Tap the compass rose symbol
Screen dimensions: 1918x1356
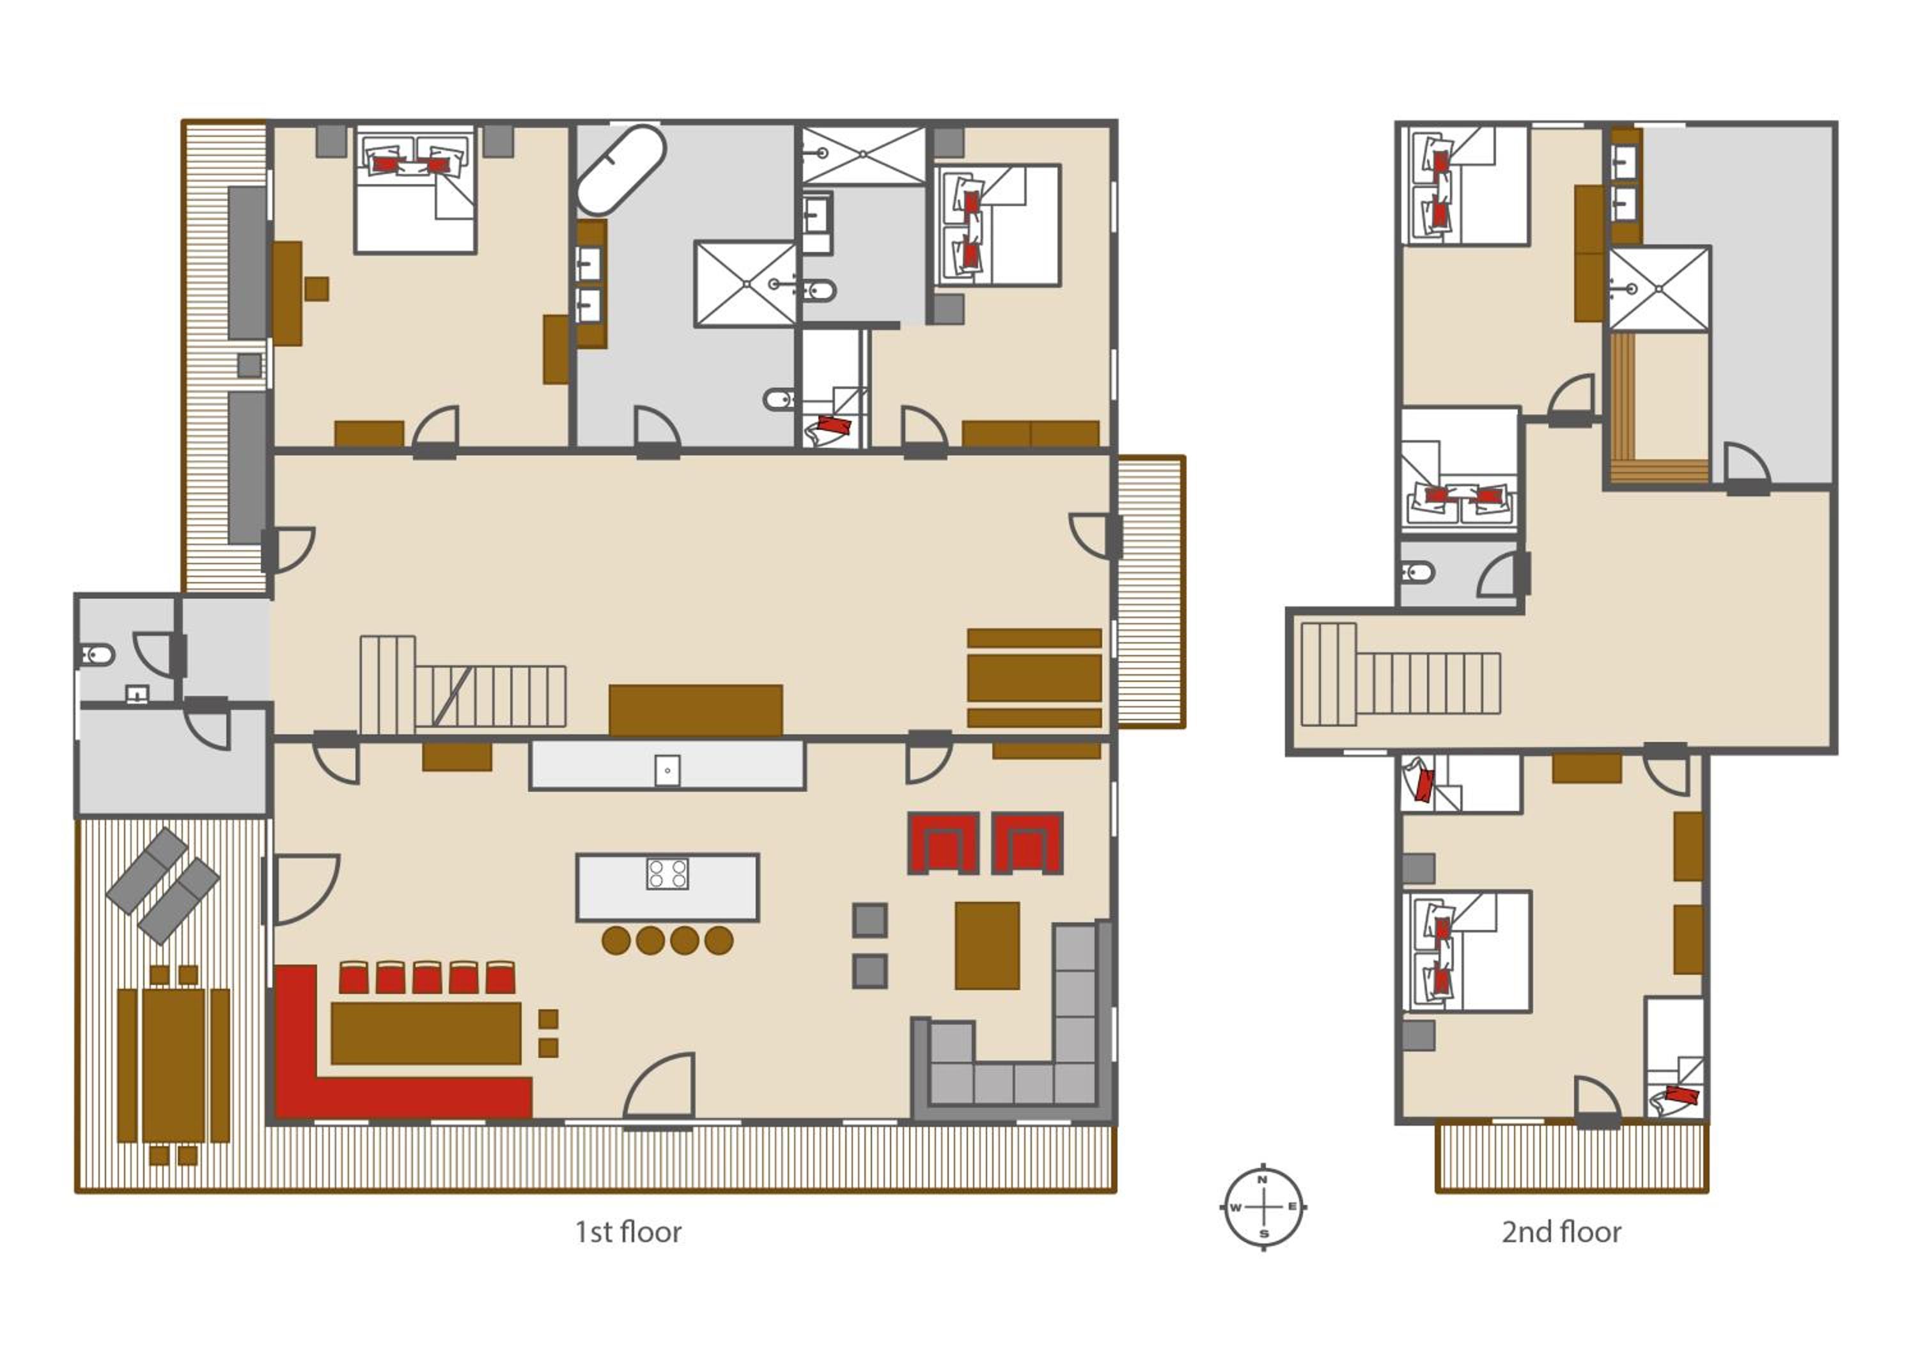coord(1264,1206)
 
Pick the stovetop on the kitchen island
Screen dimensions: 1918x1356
coord(667,874)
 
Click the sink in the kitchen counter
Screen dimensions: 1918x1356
coord(667,770)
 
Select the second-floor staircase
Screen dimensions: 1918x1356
coord(1401,674)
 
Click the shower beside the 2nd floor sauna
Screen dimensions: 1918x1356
coord(1659,288)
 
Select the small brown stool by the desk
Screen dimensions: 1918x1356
coord(316,289)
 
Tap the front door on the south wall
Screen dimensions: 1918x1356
coord(659,1086)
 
